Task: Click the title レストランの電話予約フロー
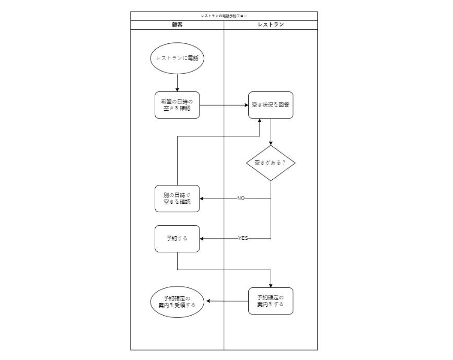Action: point(224,16)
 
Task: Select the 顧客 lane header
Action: point(177,25)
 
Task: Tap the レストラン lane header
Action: point(271,25)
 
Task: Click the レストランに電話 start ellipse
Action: point(177,58)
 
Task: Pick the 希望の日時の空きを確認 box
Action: point(177,105)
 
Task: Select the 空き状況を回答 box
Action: point(271,105)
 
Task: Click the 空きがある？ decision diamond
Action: point(271,163)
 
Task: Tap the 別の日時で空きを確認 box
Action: point(177,199)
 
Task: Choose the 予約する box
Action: point(177,238)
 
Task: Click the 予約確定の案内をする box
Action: point(271,301)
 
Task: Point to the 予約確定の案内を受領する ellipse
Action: point(177,301)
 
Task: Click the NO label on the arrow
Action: point(241,199)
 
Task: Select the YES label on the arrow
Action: point(243,238)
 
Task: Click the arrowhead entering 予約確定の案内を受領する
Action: point(208,301)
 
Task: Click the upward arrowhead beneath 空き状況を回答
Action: point(260,122)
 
